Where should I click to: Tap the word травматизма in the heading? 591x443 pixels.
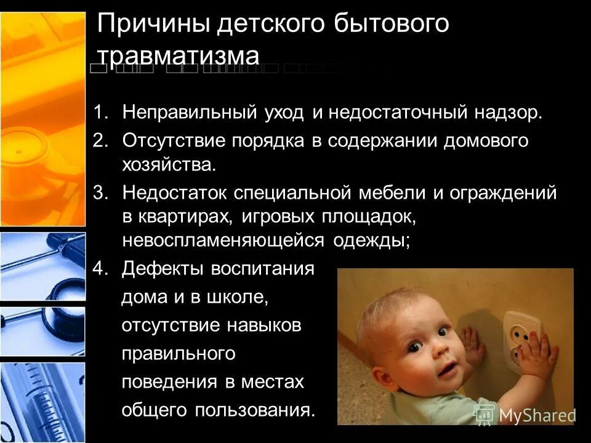[x=179, y=55]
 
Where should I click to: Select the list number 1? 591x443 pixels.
[x=100, y=113]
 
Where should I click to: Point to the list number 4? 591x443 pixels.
[x=100, y=269]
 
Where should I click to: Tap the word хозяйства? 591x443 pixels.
[x=169, y=165]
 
